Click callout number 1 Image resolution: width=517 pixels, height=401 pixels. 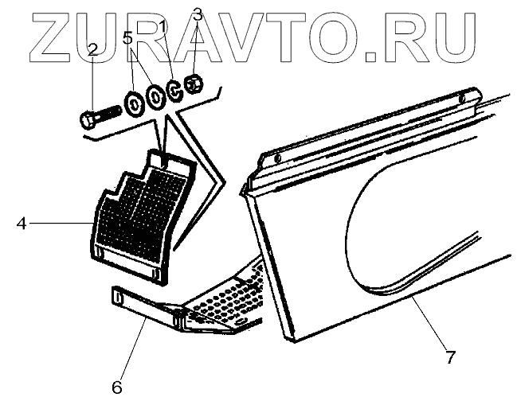click(163, 26)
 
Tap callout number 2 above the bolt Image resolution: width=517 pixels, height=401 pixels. click(93, 49)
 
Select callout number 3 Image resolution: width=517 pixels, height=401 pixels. click(198, 14)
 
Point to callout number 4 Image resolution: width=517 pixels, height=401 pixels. click(22, 224)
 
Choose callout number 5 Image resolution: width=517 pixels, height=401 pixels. click(127, 37)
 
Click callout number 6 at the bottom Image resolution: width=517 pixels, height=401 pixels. click(116, 366)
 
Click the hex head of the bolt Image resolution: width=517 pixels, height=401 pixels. click(87, 121)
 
